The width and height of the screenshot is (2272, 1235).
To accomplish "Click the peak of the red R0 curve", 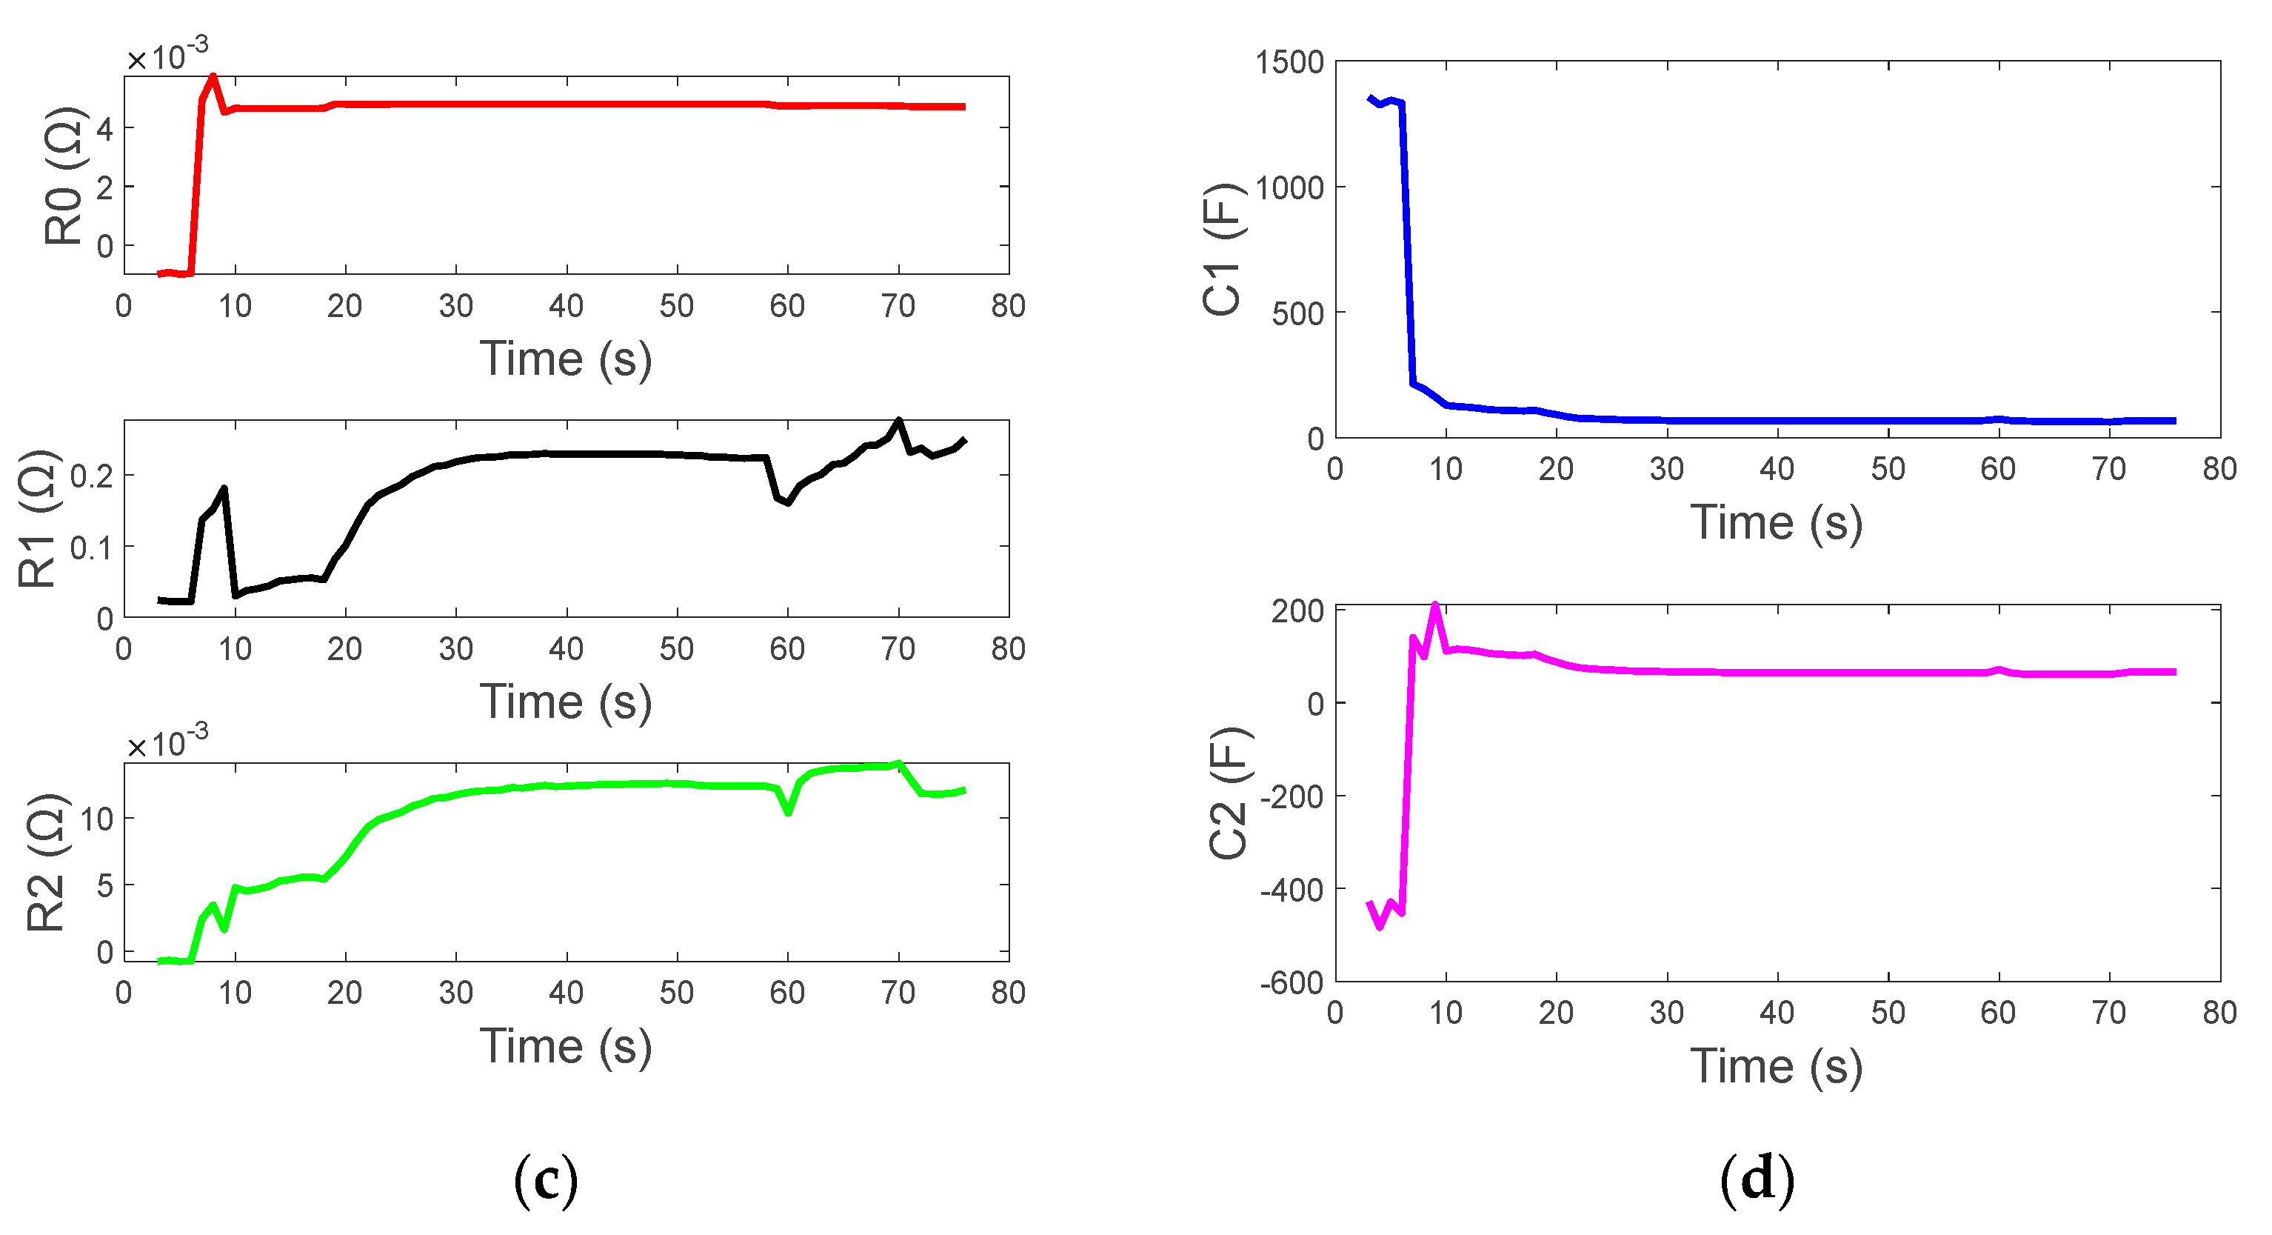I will (213, 77).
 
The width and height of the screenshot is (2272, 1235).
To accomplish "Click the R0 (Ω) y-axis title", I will (64, 176).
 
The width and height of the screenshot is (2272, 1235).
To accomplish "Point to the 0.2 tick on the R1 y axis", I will (92, 477).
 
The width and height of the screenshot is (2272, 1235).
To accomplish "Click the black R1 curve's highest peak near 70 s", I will (899, 421).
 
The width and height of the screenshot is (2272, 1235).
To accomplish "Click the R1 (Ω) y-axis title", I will (39, 519).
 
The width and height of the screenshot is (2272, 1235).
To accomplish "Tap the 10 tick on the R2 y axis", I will (96, 819).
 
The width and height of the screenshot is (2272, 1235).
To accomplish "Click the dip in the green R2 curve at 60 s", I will (788, 811).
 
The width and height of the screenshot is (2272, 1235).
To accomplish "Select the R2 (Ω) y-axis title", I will (46, 863).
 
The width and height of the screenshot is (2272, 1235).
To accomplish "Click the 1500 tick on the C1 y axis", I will (1289, 63).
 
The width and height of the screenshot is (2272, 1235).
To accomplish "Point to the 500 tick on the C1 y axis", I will (1297, 314).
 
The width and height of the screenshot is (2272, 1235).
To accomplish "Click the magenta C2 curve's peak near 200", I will (1435, 606).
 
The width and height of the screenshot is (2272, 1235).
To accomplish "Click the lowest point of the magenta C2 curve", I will (1380, 926).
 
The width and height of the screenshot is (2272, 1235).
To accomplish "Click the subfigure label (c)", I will (546, 1180).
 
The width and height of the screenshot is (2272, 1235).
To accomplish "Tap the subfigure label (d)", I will (1756, 1180).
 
